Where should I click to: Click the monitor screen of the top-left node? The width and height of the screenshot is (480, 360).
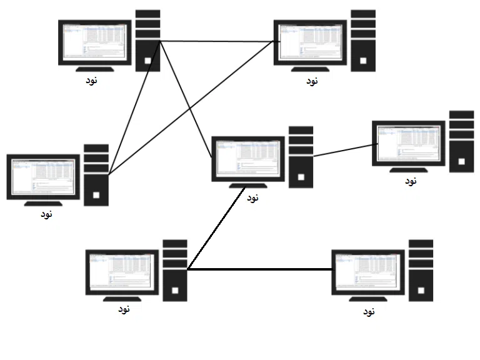(x=95, y=42)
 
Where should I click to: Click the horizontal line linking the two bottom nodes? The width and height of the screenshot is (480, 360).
(x=259, y=269)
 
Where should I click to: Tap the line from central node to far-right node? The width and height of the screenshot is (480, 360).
(x=344, y=150)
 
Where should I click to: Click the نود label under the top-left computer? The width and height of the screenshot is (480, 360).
(x=92, y=81)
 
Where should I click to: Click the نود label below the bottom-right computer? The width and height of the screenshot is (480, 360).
(x=369, y=310)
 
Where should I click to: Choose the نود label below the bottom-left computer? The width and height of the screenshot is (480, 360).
(x=124, y=309)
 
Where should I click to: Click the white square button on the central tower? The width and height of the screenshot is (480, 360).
(x=301, y=176)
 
